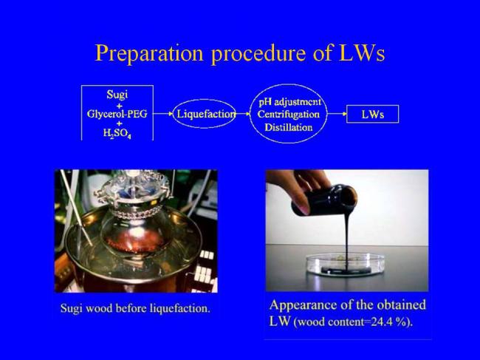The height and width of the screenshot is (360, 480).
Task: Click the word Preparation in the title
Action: (149, 53)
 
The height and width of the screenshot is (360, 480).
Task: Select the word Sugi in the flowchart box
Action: (117, 95)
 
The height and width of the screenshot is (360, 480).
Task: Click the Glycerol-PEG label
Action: (117, 114)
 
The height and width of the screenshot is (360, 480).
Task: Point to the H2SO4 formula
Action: (117, 133)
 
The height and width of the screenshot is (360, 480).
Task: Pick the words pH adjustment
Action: (289, 101)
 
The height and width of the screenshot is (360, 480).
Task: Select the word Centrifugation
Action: (288, 115)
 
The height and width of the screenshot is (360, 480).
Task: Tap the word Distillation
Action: (288, 127)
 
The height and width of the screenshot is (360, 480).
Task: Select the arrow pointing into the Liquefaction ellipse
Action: (163, 114)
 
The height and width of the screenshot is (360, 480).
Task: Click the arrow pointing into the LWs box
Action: (337, 114)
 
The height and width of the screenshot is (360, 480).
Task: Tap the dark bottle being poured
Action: (324, 199)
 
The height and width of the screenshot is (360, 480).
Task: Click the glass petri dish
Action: (346, 265)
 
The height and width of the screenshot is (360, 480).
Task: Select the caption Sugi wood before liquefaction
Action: (135, 308)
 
